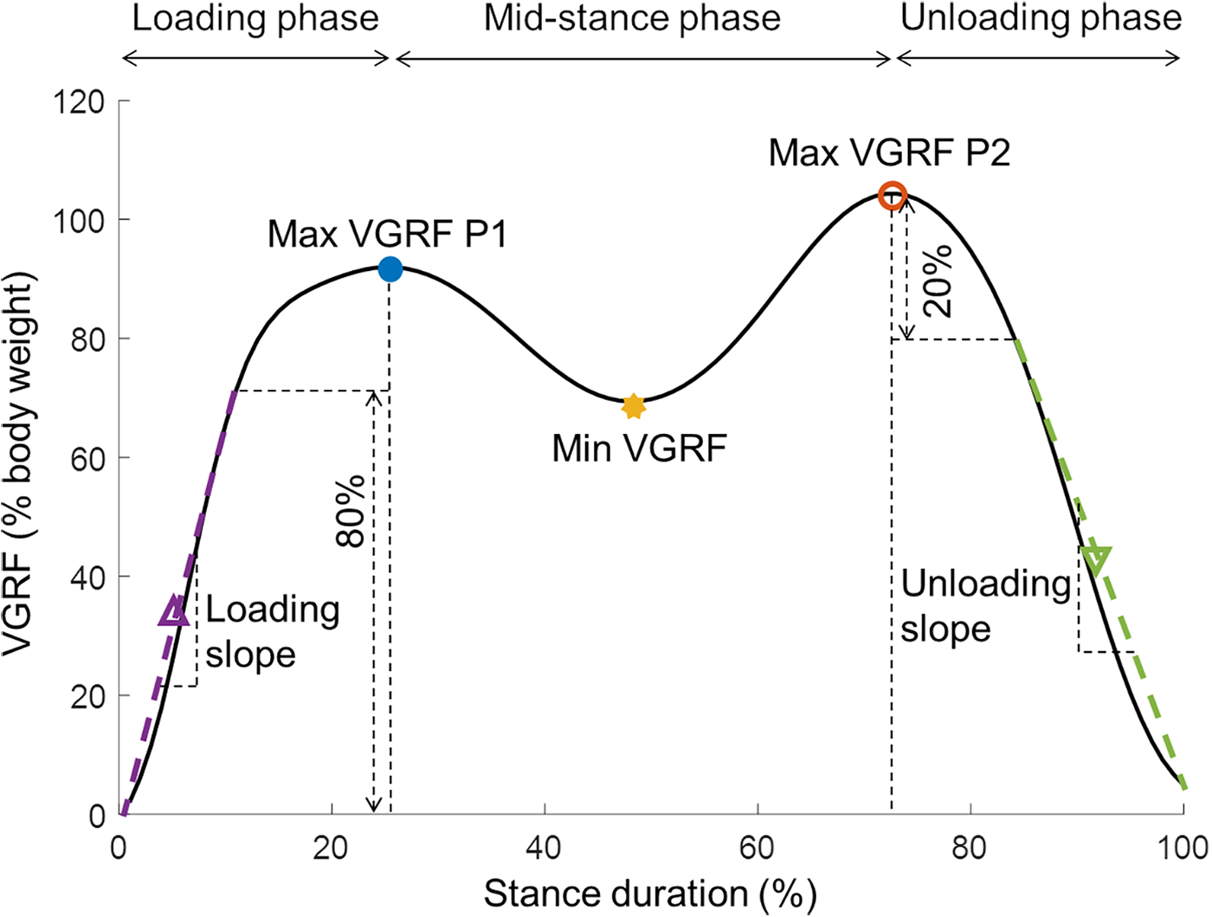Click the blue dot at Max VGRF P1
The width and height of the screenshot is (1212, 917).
pyautogui.click(x=390, y=269)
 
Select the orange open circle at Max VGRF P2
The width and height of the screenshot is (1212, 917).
pyautogui.click(x=892, y=196)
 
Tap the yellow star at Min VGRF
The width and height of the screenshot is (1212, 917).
pyautogui.click(x=634, y=405)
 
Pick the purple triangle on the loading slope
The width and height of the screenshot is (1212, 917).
pyautogui.click(x=174, y=612)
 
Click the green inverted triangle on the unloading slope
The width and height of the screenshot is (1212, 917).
pyautogui.click(x=1095, y=559)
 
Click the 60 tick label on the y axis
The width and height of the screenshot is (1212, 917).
pyautogui.click(x=87, y=458)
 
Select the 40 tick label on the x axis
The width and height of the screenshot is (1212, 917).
pyautogui.click(x=545, y=848)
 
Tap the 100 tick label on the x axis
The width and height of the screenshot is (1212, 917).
pyautogui.click(x=1183, y=848)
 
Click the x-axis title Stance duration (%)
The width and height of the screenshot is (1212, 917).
pyautogui.click(x=649, y=894)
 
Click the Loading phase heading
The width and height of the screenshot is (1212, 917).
pyautogui.click(x=255, y=18)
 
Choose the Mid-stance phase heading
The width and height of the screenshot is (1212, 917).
pyautogui.click(x=632, y=18)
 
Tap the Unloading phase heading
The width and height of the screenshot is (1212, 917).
pyautogui.click(x=1041, y=18)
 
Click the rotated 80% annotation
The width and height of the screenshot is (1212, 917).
pyautogui.click(x=351, y=511)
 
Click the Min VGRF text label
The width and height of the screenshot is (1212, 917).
pyautogui.click(x=639, y=449)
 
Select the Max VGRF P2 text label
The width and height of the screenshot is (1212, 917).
pyautogui.click(x=889, y=153)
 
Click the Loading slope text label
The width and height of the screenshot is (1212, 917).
pyautogui.click(x=272, y=632)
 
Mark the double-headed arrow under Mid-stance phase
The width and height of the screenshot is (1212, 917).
pyautogui.click(x=642, y=59)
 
